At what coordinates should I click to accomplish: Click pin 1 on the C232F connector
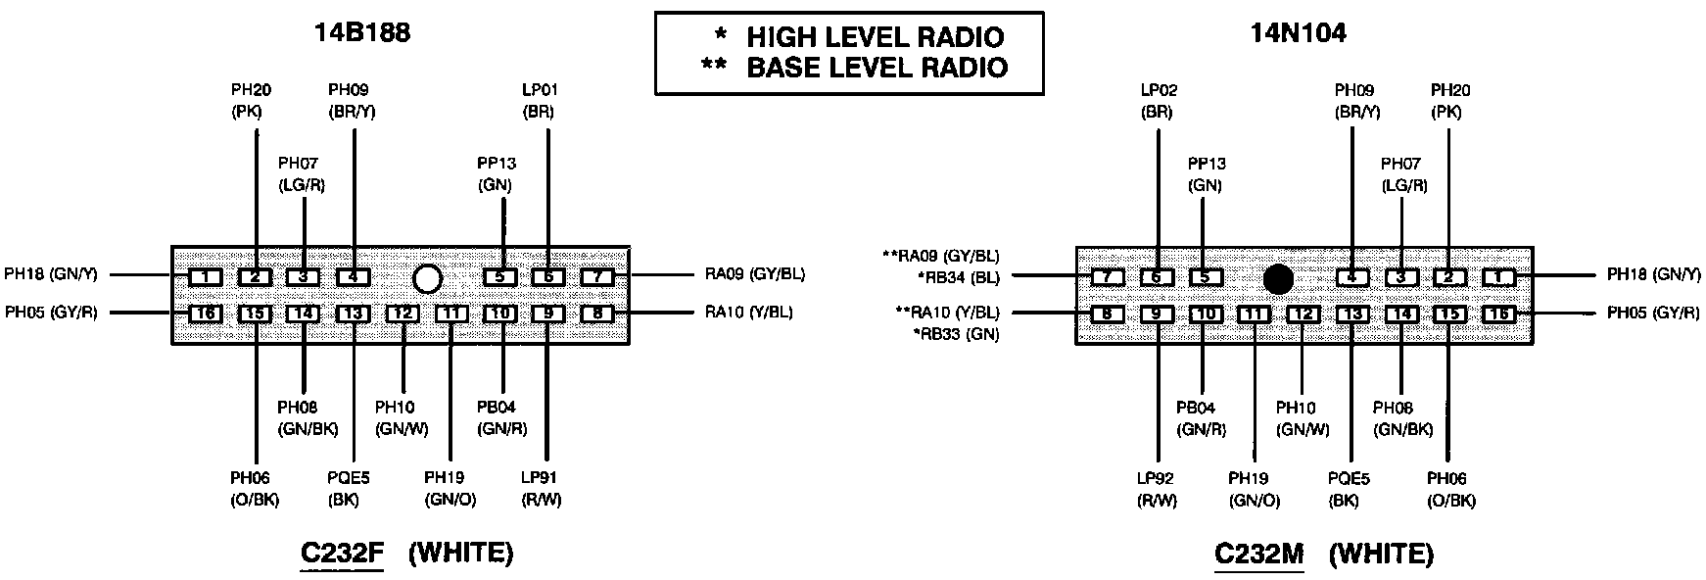(x=206, y=277)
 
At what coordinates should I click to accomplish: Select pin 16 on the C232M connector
(x=1498, y=314)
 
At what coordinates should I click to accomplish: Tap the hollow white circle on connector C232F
(x=427, y=279)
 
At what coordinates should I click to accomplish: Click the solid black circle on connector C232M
(x=1278, y=279)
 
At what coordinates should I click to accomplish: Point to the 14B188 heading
(x=361, y=33)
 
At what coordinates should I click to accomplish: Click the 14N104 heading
(x=1298, y=33)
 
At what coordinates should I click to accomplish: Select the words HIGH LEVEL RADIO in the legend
(x=876, y=38)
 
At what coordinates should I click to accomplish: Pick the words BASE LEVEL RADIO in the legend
(x=877, y=68)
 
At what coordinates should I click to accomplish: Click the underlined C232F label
(x=342, y=554)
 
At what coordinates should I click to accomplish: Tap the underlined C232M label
(x=1259, y=554)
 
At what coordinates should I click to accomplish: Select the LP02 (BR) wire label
(x=1158, y=101)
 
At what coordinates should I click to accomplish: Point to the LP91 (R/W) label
(x=542, y=489)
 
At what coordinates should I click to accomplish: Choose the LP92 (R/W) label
(x=1157, y=490)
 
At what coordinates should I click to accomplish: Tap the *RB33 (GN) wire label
(x=958, y=334)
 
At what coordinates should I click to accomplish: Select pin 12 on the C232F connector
(x=403, y=314)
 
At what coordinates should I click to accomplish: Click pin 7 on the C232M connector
(x=1108, y=277)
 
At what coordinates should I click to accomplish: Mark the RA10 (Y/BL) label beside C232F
(x=749, y=313)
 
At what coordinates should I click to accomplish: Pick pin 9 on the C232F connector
(x=548, y=314)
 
